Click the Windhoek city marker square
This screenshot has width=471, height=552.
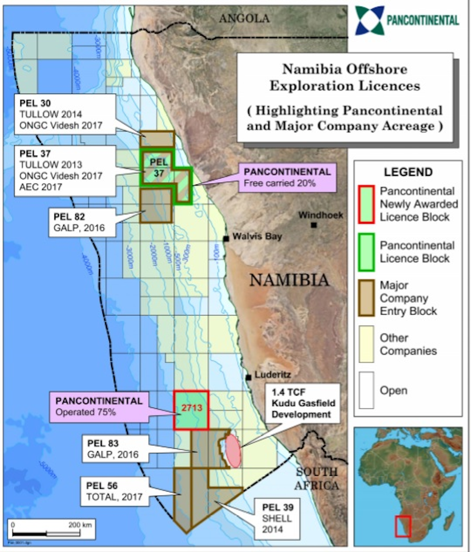314,225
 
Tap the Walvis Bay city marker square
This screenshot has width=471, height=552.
226,239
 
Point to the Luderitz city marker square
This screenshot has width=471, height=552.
248,377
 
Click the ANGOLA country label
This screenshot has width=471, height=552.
244,18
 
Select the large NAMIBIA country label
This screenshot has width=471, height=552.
289,280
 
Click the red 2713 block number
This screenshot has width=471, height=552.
192,408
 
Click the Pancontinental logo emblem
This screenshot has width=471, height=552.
369,20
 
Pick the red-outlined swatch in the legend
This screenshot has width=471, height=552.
366,204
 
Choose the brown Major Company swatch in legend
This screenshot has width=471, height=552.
366,298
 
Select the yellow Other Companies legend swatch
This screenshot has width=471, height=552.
366,344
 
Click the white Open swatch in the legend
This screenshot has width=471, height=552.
366,390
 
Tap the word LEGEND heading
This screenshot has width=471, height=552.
408,172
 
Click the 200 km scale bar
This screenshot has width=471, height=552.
46,533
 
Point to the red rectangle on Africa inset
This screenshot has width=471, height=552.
403,526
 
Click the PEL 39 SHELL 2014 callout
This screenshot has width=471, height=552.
277,518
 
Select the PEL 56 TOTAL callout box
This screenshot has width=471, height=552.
115,491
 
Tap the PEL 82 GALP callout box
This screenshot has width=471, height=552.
82,222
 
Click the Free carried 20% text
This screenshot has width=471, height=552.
279,183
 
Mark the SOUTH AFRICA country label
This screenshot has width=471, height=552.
316,479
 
